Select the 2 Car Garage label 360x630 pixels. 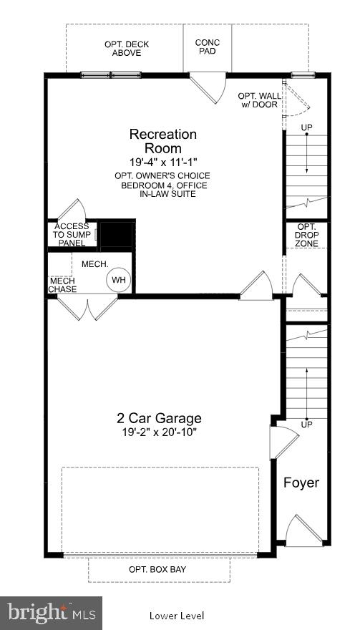click(159, 418)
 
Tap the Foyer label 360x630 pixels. click(301, 482)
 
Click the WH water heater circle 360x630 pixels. click(117, 280)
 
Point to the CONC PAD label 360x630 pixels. click(208, 47)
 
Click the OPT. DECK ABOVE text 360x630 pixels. click(127, 48)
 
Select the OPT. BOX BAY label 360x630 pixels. click(159, 569)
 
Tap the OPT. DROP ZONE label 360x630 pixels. click(307, 235)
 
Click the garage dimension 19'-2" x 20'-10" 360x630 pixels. click(159, 432)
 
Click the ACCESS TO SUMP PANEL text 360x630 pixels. click(72, 235)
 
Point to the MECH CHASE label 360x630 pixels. click(62, 285)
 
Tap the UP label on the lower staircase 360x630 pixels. click(306, 425)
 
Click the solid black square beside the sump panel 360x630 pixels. click(116, 235)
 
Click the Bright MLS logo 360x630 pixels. click(51, 613)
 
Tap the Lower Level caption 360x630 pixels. click(177, 616)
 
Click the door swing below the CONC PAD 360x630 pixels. click(207, 87)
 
